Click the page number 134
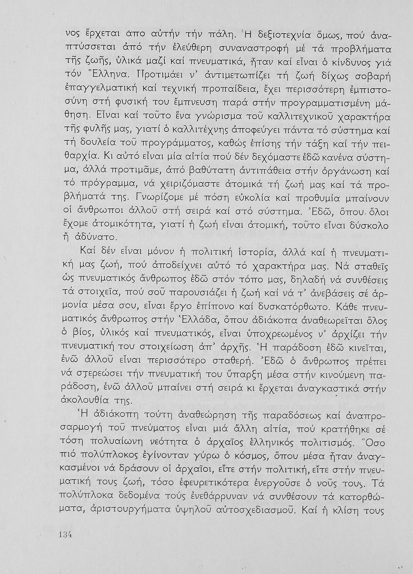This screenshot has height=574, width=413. pyautogui.click(x=65, y=535)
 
